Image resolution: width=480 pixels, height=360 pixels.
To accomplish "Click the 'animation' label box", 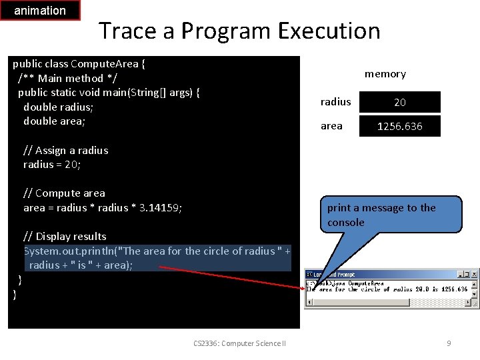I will (x=40, y=11).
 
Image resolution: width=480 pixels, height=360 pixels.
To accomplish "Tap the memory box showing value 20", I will (x=400, y=102).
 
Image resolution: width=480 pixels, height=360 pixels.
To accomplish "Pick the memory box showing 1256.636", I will (x=400, y=126).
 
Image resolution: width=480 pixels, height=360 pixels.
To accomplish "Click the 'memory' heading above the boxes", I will (x=385, y=74).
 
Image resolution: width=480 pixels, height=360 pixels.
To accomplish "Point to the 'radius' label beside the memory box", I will (x=335, y=102).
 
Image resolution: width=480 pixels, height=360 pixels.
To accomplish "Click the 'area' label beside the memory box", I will (x=331, y=126).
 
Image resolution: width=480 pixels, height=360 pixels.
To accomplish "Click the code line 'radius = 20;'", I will (x=52, y=165).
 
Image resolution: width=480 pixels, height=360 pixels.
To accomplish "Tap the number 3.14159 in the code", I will (x=160, y=208).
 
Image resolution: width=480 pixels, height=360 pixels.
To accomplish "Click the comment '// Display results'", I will (x=65, y=236).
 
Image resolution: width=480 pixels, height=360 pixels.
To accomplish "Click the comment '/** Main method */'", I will (x=61, y=78).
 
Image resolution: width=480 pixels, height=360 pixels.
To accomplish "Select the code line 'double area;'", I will (x=54, y=121).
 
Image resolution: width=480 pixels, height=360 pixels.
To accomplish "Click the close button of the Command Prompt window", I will (x=474, y=274).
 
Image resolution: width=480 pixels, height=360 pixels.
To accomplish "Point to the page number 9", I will (x=449, y=343).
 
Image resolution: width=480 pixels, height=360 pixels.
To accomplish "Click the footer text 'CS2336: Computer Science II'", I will (x=239, y=343).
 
